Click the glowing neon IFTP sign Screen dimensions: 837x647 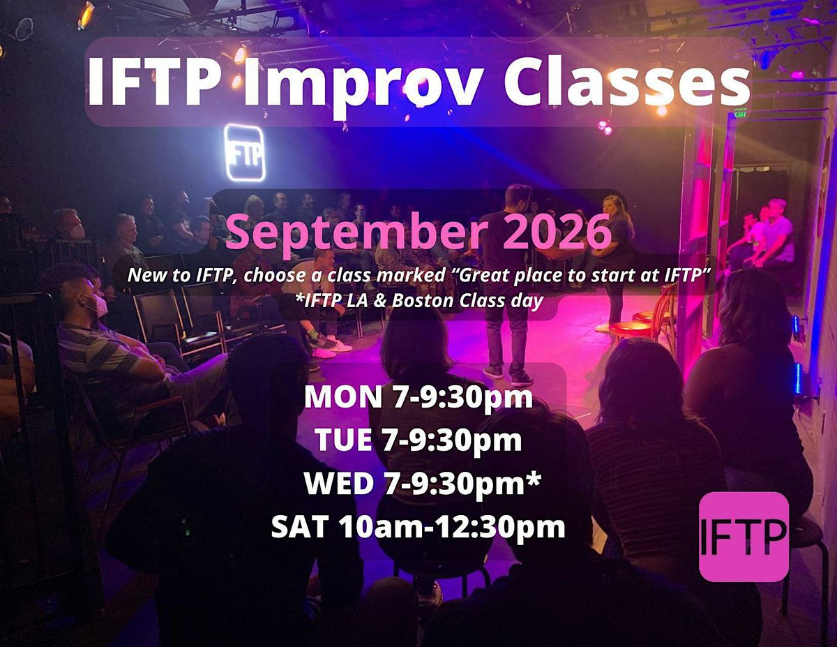point(245,153)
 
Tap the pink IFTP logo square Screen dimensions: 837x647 point(744,537)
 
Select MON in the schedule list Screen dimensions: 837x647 point(342,397)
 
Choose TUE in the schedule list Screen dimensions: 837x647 point(343,440)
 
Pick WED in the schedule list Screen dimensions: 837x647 point(338,483)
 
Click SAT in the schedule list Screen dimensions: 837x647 point(300,526)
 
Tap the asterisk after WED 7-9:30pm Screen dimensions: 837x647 point(534,479)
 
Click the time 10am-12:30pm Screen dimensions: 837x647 point(453,527)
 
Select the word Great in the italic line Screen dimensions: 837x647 point(479,276)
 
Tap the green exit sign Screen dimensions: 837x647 point(739,114)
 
